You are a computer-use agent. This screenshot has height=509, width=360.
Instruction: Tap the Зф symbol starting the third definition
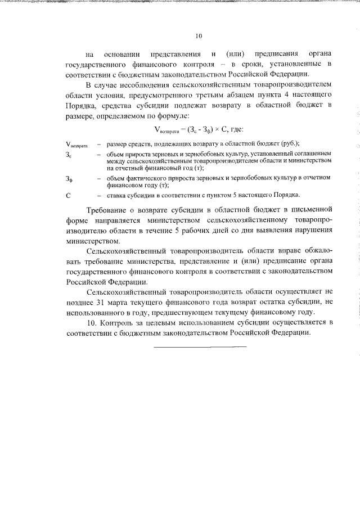coord(68,179)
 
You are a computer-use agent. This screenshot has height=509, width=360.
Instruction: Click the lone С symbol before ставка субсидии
coord(67,195)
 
